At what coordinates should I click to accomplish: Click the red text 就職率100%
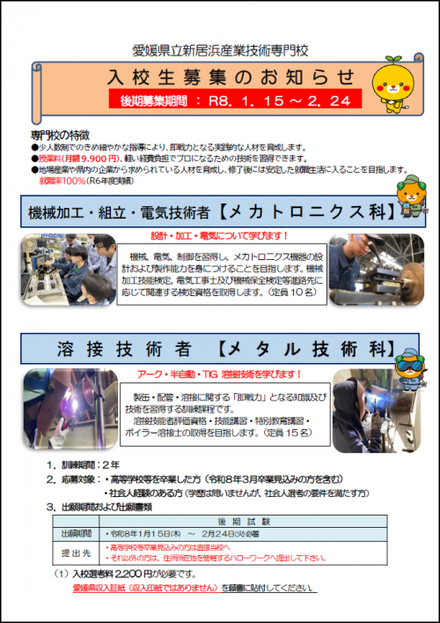coord(75,180)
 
